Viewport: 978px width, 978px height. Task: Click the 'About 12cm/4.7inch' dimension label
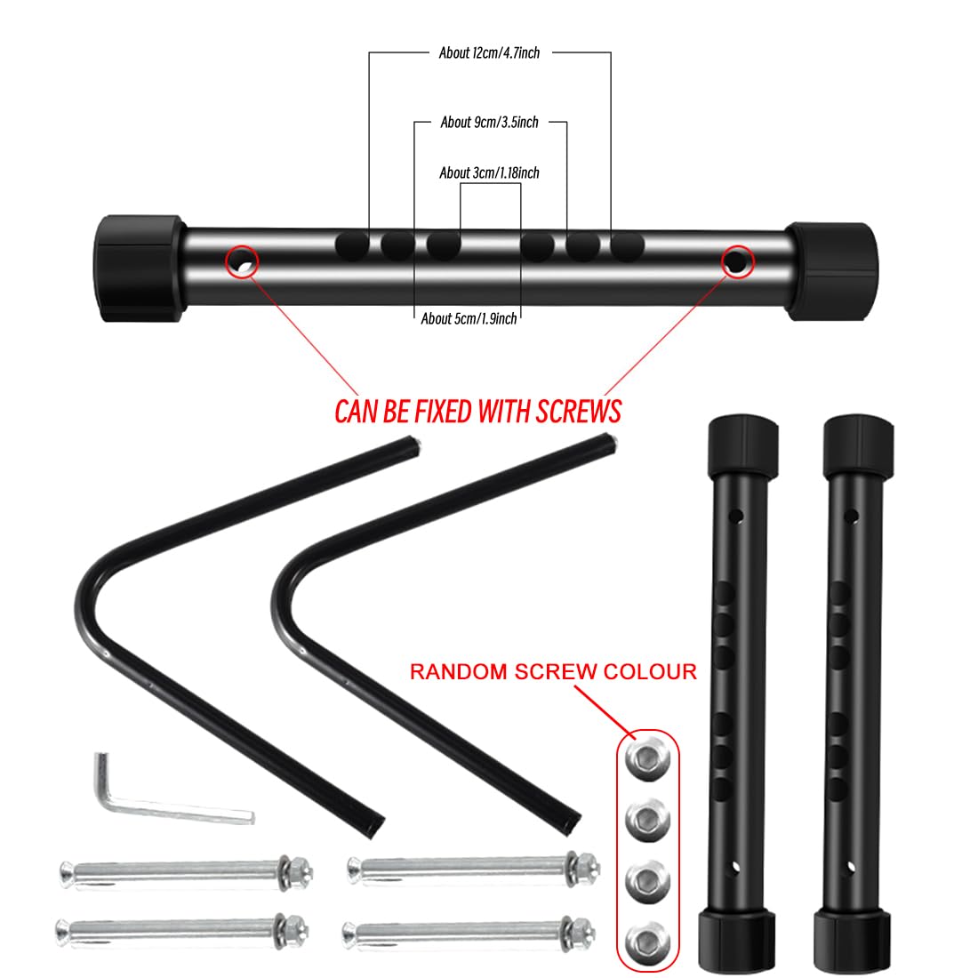(x=489, y=53)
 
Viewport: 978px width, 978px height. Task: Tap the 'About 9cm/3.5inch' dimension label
(x=489, y=123)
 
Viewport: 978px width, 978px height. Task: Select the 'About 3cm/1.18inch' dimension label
(x=489, y=172)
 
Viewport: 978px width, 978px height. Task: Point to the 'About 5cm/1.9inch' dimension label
(x=469, y=318)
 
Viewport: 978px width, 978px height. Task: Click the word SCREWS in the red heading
(x=579, y=412)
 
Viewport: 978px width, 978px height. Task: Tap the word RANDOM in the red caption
(x=459, y=672)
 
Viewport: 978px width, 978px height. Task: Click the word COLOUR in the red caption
(x=650, y=672)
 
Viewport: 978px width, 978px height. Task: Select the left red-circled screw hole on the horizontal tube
(x=242, y=262)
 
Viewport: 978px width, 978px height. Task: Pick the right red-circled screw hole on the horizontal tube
(x=737, y=262)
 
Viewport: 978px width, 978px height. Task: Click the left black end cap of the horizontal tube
(x=139, y=269)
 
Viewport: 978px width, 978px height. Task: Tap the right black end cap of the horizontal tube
(x=833, y=271)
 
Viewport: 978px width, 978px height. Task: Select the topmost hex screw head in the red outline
(x=647, y=758)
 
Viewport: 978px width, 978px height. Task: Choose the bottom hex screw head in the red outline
(x=647, y=941)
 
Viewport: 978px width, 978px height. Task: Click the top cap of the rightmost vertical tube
(x=858, y=447)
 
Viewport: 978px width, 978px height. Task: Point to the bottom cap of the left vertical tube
(x=737, y=942)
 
